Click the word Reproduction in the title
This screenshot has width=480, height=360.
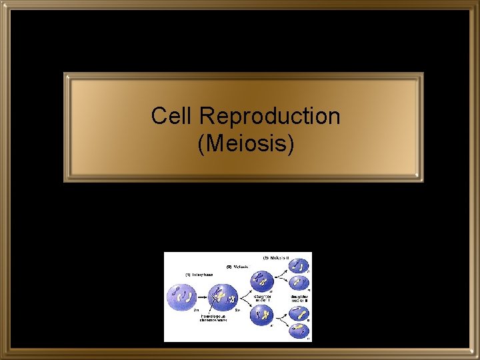(269, 116)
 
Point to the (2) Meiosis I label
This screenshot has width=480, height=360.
(237, 267)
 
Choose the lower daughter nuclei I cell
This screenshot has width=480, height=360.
(261, 314)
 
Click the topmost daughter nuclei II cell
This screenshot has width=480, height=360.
(299, 266)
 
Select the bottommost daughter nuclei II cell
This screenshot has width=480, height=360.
(299, 330)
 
